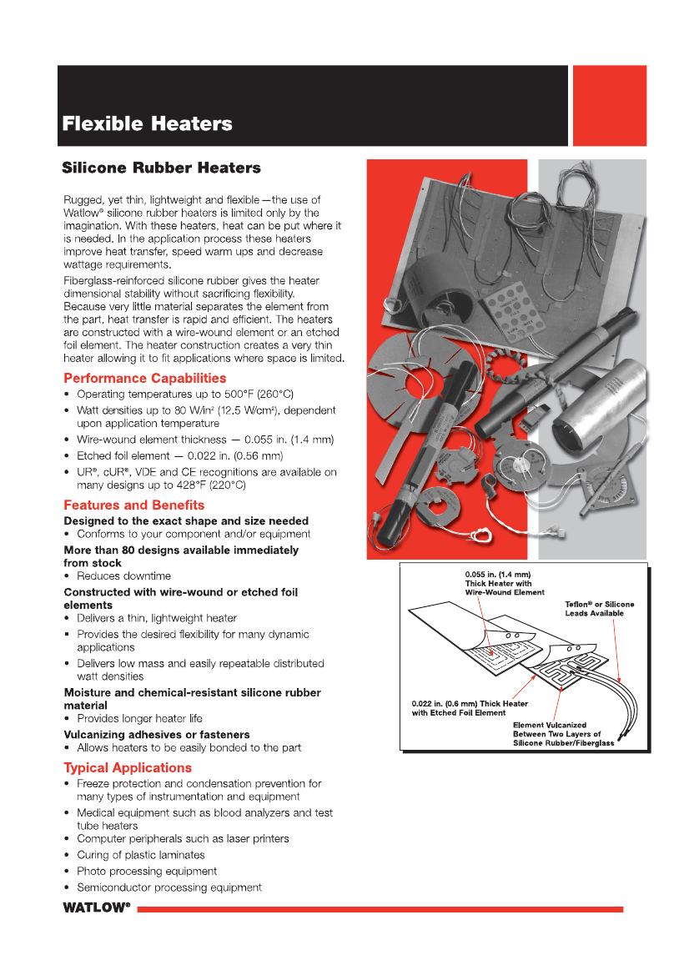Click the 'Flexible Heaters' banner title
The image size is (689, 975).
point(147,125)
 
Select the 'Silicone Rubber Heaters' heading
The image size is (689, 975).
point(162,168)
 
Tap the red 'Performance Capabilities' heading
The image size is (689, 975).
point(145,378)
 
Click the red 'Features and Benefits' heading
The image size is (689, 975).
point(134,505)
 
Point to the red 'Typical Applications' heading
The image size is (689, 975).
point(128,767)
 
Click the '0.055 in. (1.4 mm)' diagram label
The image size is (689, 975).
point(497,575)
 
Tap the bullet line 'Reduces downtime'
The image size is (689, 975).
point(123,575)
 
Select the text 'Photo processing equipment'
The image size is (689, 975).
point(147,871)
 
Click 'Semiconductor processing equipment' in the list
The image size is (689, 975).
point(169,887)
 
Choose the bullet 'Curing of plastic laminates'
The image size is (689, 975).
point(140,855)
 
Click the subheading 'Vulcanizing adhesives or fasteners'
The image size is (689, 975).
point(157,734)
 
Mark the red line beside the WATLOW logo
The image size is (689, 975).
point(380,908)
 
